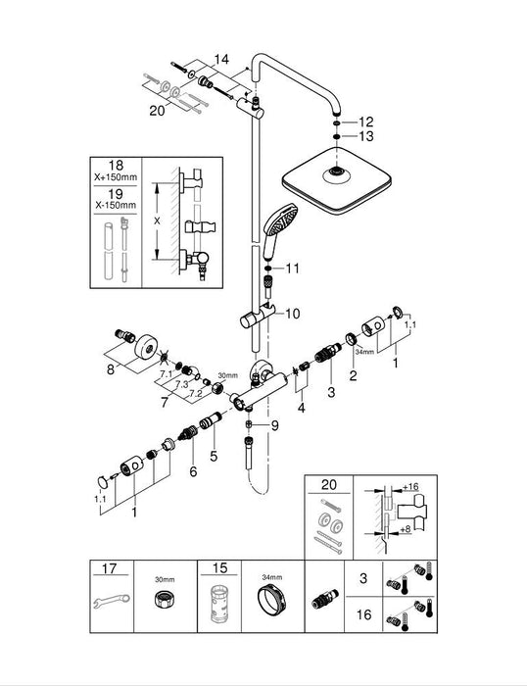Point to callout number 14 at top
pyautogui.click(x=223, y=61)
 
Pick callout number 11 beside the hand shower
pyautogui.click(x=293, y=268)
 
